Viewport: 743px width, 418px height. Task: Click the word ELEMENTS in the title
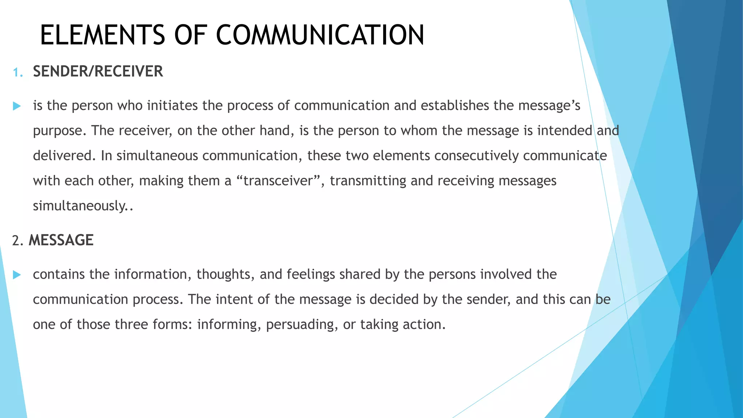(103, 35)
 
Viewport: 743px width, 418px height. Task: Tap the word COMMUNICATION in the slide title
(320, 35)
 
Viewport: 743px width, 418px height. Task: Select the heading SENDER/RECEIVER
(98, 71)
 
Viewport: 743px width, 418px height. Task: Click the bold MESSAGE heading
(61, 240)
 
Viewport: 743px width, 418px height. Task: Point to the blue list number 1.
(17, 73)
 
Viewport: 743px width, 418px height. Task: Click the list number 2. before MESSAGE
(17, 241)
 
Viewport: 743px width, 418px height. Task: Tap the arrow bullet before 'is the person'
(17, 106)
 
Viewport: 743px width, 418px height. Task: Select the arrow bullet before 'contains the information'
(17, 275)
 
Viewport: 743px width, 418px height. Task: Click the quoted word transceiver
(278, 181)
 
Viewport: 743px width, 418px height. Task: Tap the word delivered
(64, 156)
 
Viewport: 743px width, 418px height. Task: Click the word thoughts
(223, 275)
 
